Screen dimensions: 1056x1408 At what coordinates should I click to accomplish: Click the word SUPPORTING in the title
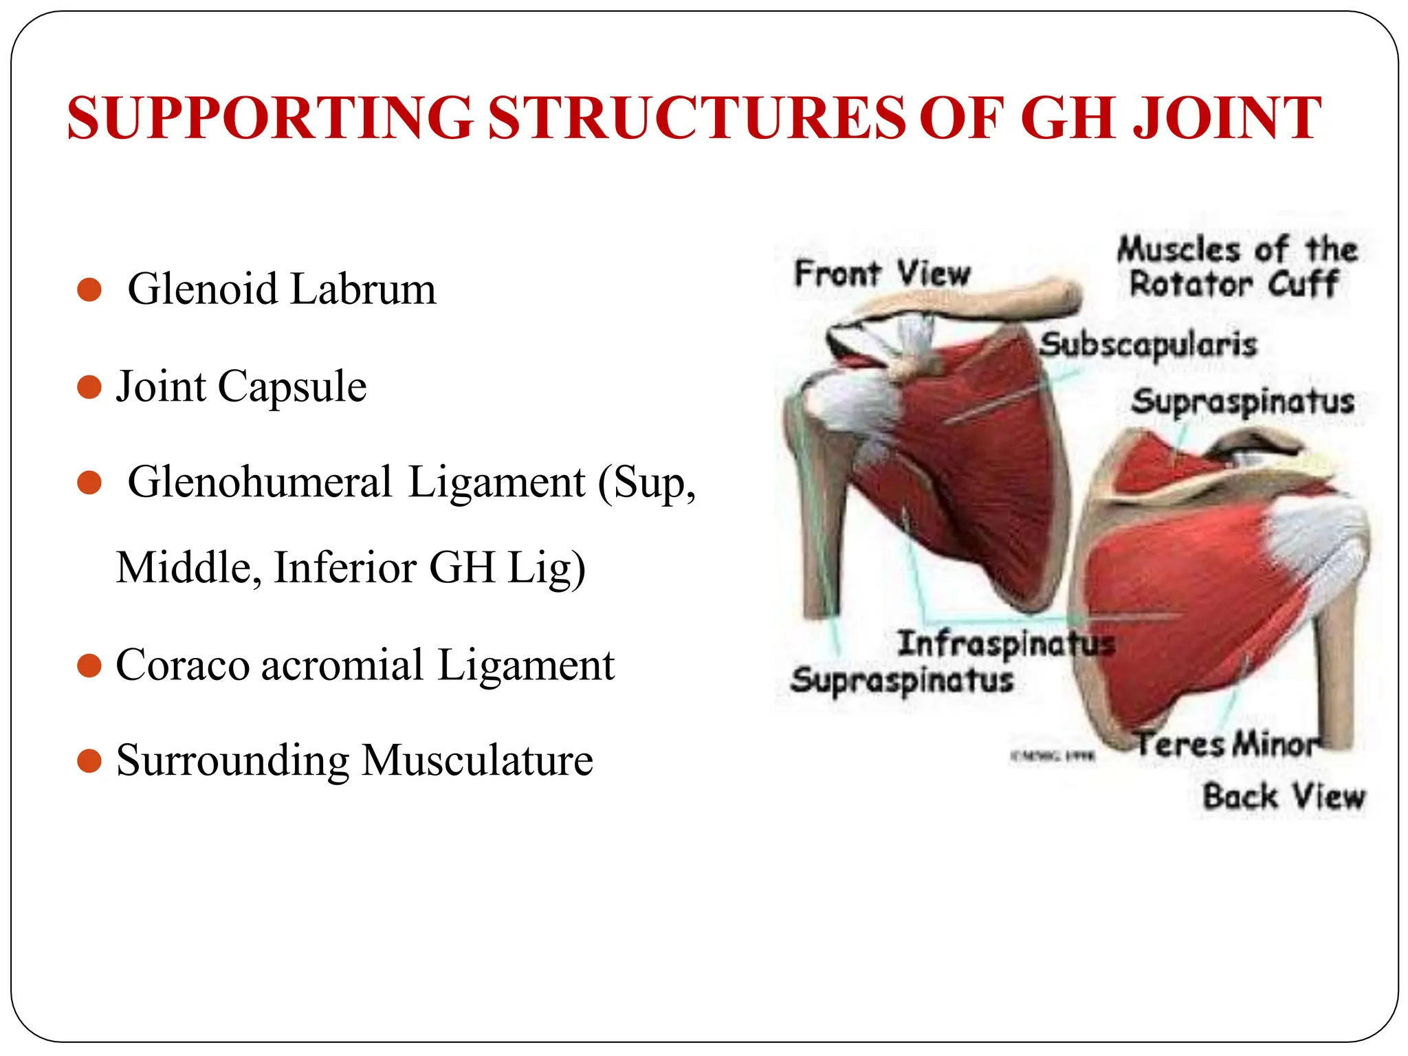click(269, 118)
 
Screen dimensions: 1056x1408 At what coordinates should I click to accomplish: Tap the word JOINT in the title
click(1226, 118)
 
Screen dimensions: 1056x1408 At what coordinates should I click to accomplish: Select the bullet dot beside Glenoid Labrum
click(89, 289)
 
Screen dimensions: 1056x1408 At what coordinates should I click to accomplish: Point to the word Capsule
click(292, 386)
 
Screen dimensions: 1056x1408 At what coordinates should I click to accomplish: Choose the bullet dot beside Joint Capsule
click(89, 387)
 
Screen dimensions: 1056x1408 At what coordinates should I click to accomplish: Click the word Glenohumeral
click(260, 482)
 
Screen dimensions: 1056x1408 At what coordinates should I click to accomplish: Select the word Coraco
click(182, 665)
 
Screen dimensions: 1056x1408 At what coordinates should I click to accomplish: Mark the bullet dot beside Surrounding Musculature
click(89, 761)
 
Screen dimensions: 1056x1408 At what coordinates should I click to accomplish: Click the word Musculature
click(477, 760)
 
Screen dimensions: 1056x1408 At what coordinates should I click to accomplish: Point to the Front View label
click(882, 274)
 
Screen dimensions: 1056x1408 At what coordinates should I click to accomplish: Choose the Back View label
click(1284, 797)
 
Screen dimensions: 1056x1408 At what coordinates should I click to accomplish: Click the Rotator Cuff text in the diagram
click(1234, 284)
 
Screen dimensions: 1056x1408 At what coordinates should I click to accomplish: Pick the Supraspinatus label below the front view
click(902, 681)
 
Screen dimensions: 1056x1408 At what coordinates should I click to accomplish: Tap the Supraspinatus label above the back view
click(1242, 401)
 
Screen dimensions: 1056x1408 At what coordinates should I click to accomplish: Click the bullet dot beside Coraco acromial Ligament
click(89, 665)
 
